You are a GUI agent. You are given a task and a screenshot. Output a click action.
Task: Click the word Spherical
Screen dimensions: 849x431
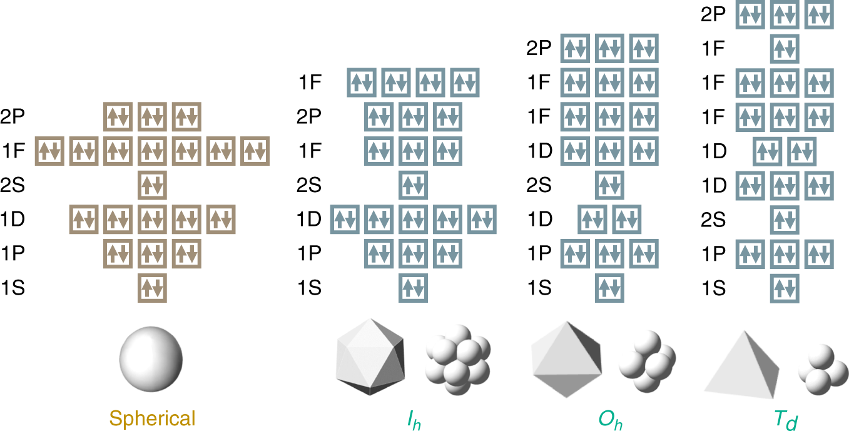coord(152,418)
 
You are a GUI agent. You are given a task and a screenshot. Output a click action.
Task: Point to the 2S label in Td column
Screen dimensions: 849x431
coord(714,220)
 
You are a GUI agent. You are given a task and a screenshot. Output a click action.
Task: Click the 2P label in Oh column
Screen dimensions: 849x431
coord(538,49)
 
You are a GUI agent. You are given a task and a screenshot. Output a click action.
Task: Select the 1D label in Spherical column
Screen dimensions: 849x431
coord(13,220)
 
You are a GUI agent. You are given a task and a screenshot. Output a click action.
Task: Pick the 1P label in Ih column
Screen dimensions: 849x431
coord(310,253)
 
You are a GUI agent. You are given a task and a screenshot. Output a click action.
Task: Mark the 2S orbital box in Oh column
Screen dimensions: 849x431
coord(610,185)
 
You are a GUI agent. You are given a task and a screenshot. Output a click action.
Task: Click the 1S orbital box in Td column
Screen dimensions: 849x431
coord(785,288)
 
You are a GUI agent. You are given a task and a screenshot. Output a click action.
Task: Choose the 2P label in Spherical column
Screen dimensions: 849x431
coord(13,117)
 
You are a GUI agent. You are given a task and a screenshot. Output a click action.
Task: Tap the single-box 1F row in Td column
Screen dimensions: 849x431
coord(785,49)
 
